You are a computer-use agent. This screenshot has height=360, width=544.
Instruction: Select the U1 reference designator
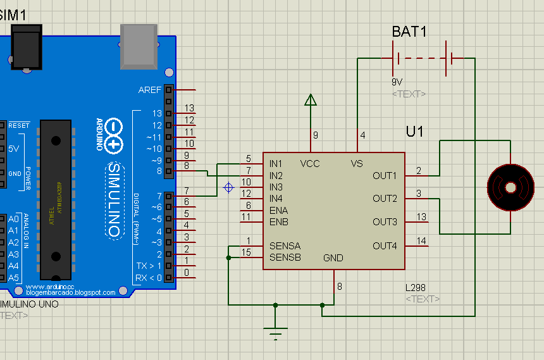tap(414, 132)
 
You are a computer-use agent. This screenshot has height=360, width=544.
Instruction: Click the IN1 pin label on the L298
tap(276, 164)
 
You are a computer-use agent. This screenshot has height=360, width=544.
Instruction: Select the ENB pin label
tap(278, 222)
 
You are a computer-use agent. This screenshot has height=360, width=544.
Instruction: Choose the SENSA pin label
tap(285, 245)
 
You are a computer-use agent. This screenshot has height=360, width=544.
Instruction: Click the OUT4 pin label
tap(385, 245)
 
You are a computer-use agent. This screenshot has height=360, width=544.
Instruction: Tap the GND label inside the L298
tap(333, 258)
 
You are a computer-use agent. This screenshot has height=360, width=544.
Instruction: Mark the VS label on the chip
tap(357, 164)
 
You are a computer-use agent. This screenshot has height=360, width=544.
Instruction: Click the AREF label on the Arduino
tap(150, 90)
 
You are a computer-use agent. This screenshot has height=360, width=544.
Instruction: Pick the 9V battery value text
tap(397, 82)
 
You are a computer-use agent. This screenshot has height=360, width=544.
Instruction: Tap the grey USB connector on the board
tap(139, 46)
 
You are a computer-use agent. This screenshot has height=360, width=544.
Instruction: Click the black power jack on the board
tap(26, 47)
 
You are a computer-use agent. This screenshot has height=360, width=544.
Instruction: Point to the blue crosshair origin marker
tap(230, 187)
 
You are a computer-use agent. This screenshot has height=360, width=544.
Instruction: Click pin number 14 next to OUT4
tap(422, 240)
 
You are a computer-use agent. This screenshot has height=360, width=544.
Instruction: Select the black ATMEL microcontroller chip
tap(55, 199)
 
